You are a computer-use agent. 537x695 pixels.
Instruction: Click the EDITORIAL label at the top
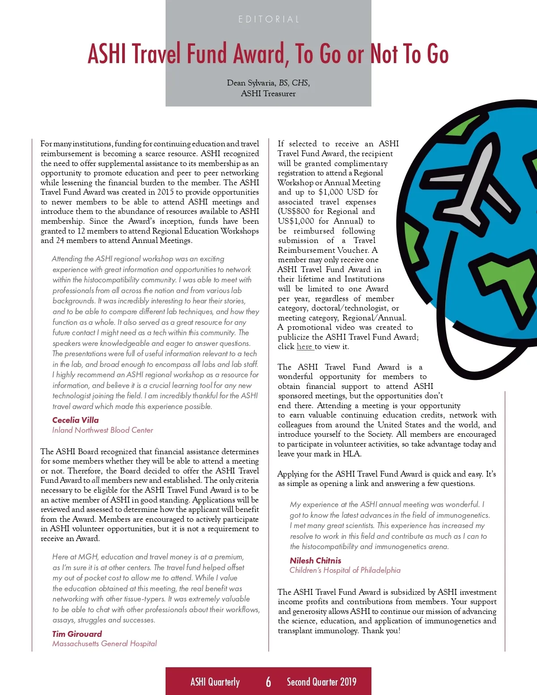(268, 19)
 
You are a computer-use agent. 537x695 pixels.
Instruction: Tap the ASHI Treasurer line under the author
(268, 94)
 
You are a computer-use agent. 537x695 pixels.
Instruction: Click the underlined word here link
(304, 347)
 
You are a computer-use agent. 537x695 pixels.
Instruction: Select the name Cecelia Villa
(75, 420)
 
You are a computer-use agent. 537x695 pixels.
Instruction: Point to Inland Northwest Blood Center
(102, 430)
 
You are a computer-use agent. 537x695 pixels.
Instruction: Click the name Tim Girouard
(77, 634)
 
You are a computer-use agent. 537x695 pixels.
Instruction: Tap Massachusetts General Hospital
(104, 644)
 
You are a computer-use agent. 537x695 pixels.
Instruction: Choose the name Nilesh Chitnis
(315, 560)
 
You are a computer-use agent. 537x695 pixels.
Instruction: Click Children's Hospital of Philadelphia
(345, 570)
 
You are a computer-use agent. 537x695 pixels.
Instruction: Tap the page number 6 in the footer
(268, 682)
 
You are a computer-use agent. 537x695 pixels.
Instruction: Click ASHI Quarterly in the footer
(215, 682)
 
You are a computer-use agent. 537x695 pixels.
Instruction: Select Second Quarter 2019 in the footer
(321, 682)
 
